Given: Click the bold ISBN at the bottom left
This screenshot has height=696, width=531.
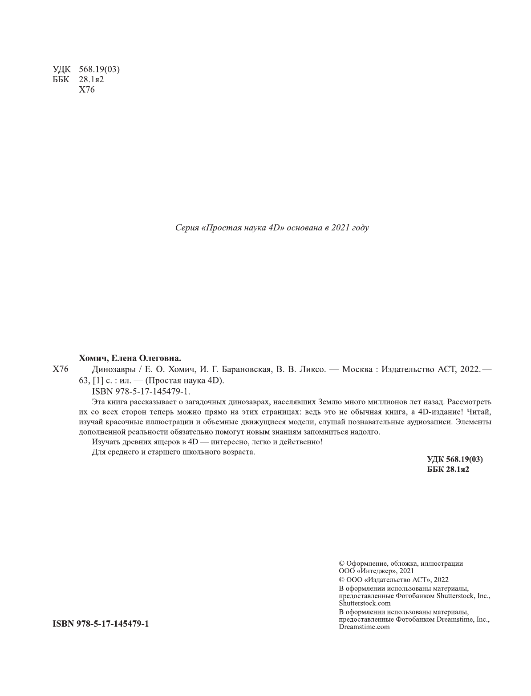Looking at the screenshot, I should (x=101, y=624).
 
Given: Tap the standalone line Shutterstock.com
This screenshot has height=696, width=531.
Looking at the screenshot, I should (x=365, y=603).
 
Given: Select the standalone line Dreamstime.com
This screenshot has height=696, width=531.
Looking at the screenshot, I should (x=364, y=627).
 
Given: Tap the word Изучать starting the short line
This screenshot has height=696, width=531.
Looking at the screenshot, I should (x=105, y=442).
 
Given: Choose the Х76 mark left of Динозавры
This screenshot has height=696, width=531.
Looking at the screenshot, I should (x=60, y=369).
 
